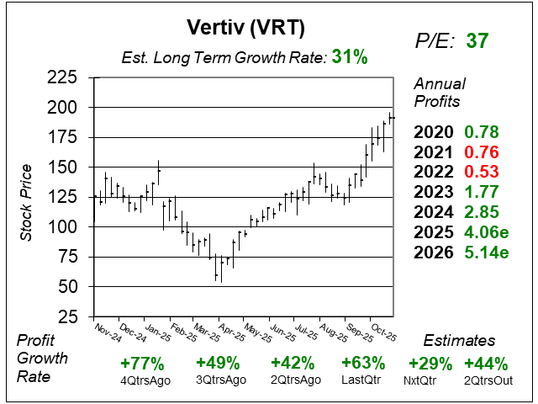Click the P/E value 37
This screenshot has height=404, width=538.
[x=477, y=40]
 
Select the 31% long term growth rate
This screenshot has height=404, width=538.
[x=349, y=57]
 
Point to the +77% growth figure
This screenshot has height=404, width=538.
[x=142, y=364]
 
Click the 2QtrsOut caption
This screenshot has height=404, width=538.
[x=486, y=380]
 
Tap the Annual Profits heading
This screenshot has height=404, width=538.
[x=437, y=93]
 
